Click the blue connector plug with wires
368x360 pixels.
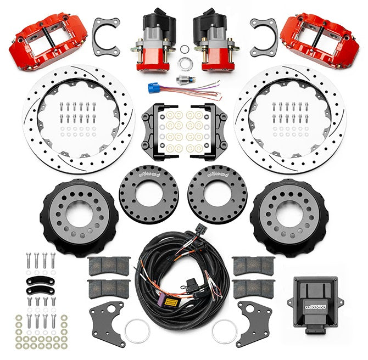pos(152,87)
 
